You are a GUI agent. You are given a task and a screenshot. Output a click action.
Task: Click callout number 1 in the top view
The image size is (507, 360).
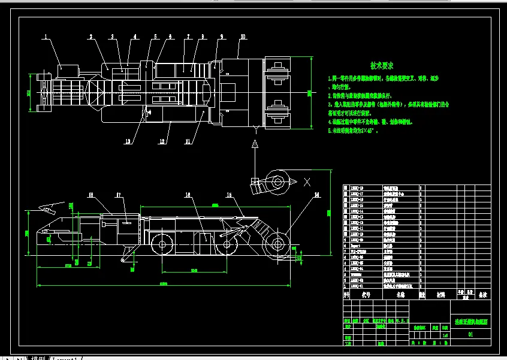45,37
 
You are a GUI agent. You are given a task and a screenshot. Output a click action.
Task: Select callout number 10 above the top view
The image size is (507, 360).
242,37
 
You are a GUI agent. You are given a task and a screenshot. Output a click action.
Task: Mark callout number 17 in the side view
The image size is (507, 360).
119,195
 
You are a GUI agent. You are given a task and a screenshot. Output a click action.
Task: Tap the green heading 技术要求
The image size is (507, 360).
381,65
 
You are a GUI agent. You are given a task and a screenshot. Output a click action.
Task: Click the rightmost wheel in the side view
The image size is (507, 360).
277,244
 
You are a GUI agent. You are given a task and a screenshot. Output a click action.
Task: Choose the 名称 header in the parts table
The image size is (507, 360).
400,295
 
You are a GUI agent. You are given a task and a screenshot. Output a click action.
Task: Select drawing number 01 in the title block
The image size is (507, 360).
470,335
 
